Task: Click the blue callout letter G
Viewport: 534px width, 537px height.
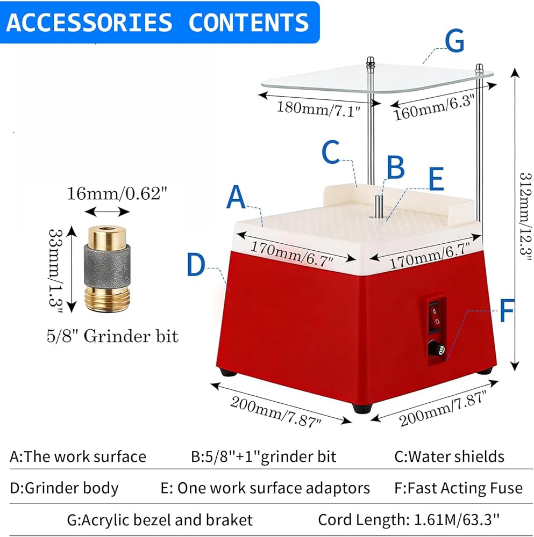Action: click(x=454, y=41)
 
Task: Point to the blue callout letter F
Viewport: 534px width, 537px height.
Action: click(x=507, y=310)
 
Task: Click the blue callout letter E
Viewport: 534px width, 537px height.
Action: click(x=436, y=179)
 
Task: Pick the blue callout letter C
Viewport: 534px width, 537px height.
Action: click(x=331, y=152)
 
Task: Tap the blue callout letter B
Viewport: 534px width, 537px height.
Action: click(x=395, y=168)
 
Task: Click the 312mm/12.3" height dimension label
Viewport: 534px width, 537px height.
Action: click(x=525, y=217)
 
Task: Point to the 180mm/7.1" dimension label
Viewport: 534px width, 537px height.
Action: click(x=318, y=109)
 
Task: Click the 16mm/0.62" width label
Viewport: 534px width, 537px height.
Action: click(x=116, y=193)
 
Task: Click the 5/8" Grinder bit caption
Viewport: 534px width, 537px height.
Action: click(x=112, y=336)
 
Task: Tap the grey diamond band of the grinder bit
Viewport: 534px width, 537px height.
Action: click(x=107, y=266)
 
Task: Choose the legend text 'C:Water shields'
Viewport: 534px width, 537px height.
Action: click(x=449, y=456)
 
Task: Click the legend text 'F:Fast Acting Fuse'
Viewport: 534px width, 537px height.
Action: click(x=458, y=488)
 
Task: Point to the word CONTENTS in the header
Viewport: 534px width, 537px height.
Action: click(x=248, y=22)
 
